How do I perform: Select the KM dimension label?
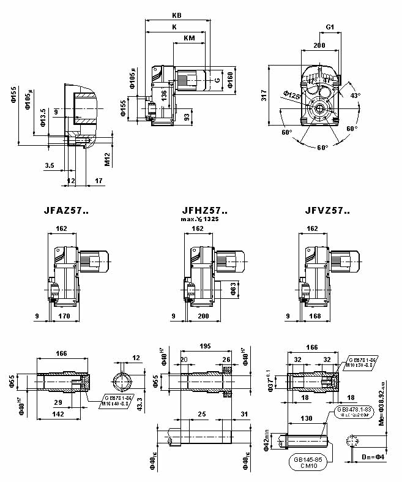pos(189,39)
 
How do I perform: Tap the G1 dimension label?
pos(330,28)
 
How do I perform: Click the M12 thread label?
pos(106,159)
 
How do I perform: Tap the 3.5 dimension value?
pos(50,165)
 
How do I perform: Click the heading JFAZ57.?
pos(66,211)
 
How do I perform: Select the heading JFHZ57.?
pos(196,211)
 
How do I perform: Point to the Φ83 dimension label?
pos(233,288)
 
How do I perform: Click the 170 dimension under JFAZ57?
pos(64,317)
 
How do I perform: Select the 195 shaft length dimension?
pos(204,347)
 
